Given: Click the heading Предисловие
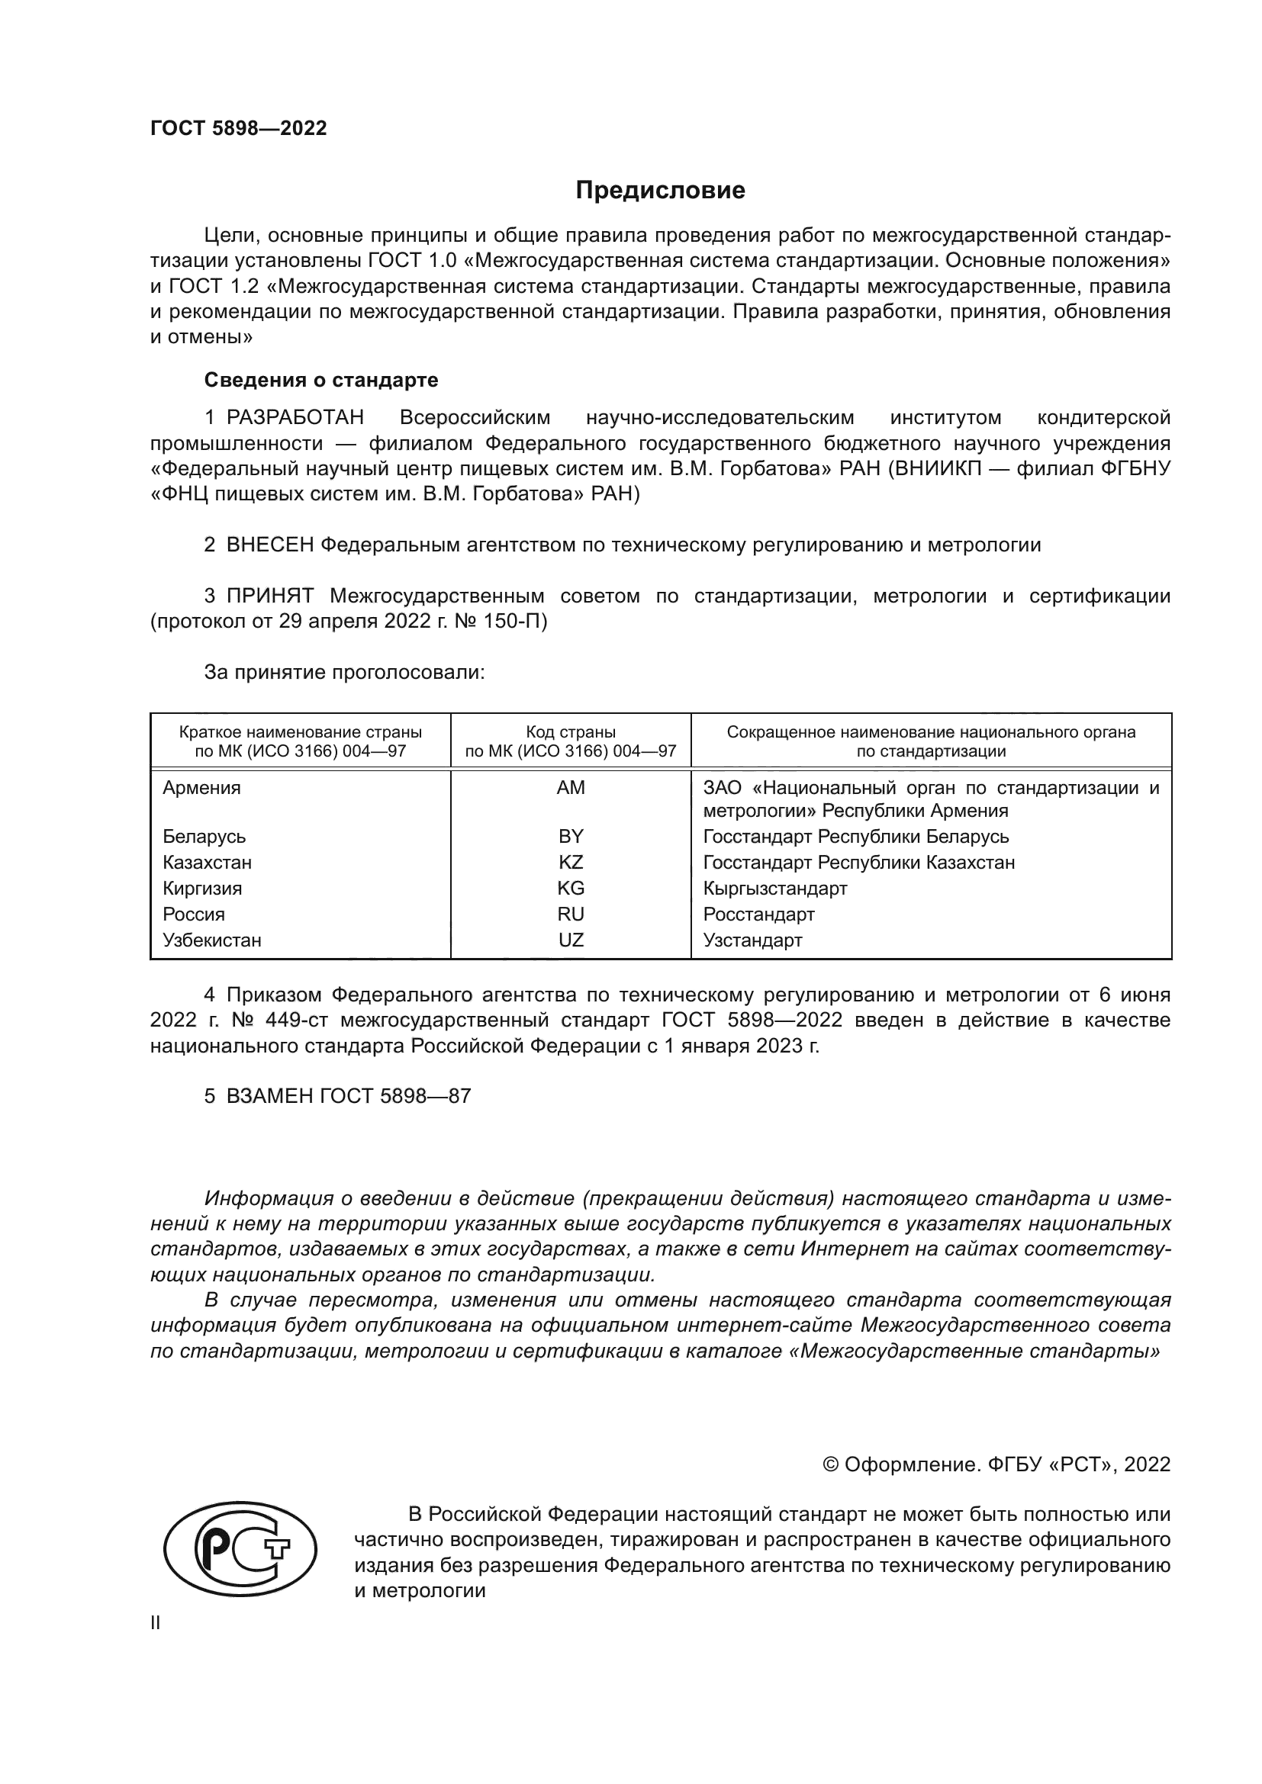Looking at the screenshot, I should tap(660, 191).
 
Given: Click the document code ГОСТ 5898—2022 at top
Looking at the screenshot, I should tap(239, 128).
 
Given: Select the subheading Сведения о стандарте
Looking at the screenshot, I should tap(321, 380).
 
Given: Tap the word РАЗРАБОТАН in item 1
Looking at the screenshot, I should tap(295, 418).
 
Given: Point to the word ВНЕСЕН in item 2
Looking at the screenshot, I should tap(269, 545).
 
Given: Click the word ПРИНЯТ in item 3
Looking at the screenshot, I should tap(269, 596).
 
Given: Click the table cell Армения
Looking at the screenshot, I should tap(202, 788).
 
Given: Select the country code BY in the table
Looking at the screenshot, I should tap(571, 837).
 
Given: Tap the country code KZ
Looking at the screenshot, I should tap(571, 863).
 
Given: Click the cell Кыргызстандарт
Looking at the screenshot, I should tap(774, 888).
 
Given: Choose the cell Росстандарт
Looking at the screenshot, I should tap(758, 915).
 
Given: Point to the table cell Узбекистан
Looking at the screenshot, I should tap(212, 940).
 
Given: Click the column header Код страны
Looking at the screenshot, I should tap(571, 732).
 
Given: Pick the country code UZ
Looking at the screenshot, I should tap(571, 940).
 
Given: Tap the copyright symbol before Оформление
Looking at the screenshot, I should tap(830, 1464).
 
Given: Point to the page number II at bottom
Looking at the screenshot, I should tap(156, 1623).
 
